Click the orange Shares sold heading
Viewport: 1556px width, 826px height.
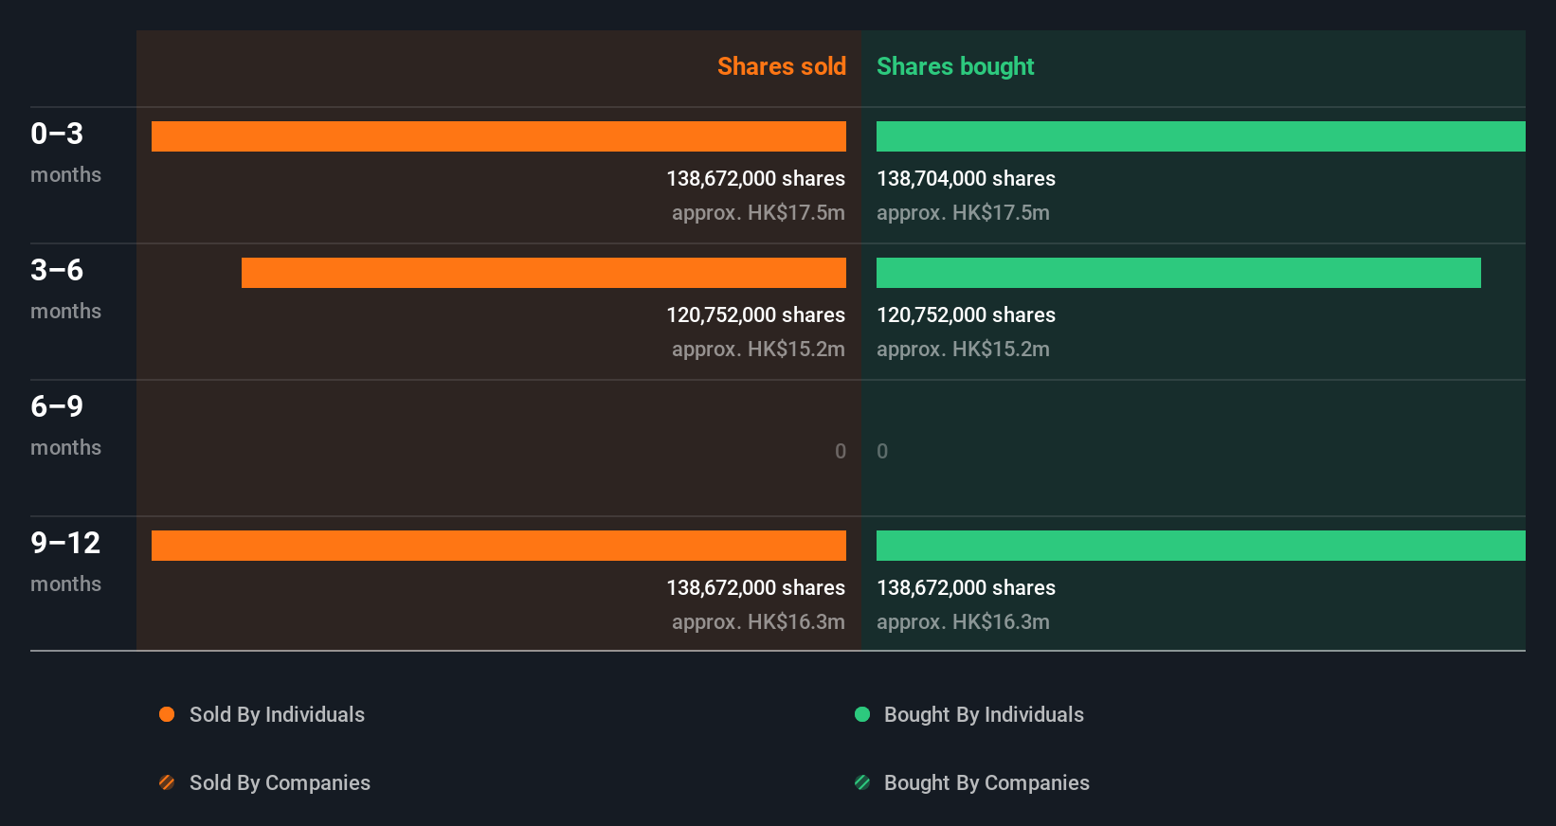tap(781, 66)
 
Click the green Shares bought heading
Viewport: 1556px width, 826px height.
tap(954, 66)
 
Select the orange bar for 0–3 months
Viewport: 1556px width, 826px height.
tap(498, 136)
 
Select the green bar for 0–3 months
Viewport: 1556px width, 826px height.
tap(1200, 136)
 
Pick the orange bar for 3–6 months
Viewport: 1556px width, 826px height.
tap(543, 273)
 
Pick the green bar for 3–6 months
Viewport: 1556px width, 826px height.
tap(1178, 273)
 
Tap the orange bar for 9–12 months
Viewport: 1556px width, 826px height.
tap(498, 546)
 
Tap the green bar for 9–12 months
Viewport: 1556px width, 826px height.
tap(1200, 546)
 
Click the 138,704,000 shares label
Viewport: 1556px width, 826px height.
tap(966, 178)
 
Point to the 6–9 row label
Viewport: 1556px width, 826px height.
tap(57, 407)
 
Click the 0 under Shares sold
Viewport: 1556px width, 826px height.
tap(840, 451)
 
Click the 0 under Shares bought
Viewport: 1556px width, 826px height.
tap(882, 451)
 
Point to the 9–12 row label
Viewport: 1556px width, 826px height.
tap(65, 544)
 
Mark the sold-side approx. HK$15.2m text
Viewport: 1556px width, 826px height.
tap(758, 349)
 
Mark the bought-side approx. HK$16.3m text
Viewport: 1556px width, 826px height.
tap(963, 621)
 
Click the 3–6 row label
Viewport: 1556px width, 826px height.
tap(57, 271)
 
